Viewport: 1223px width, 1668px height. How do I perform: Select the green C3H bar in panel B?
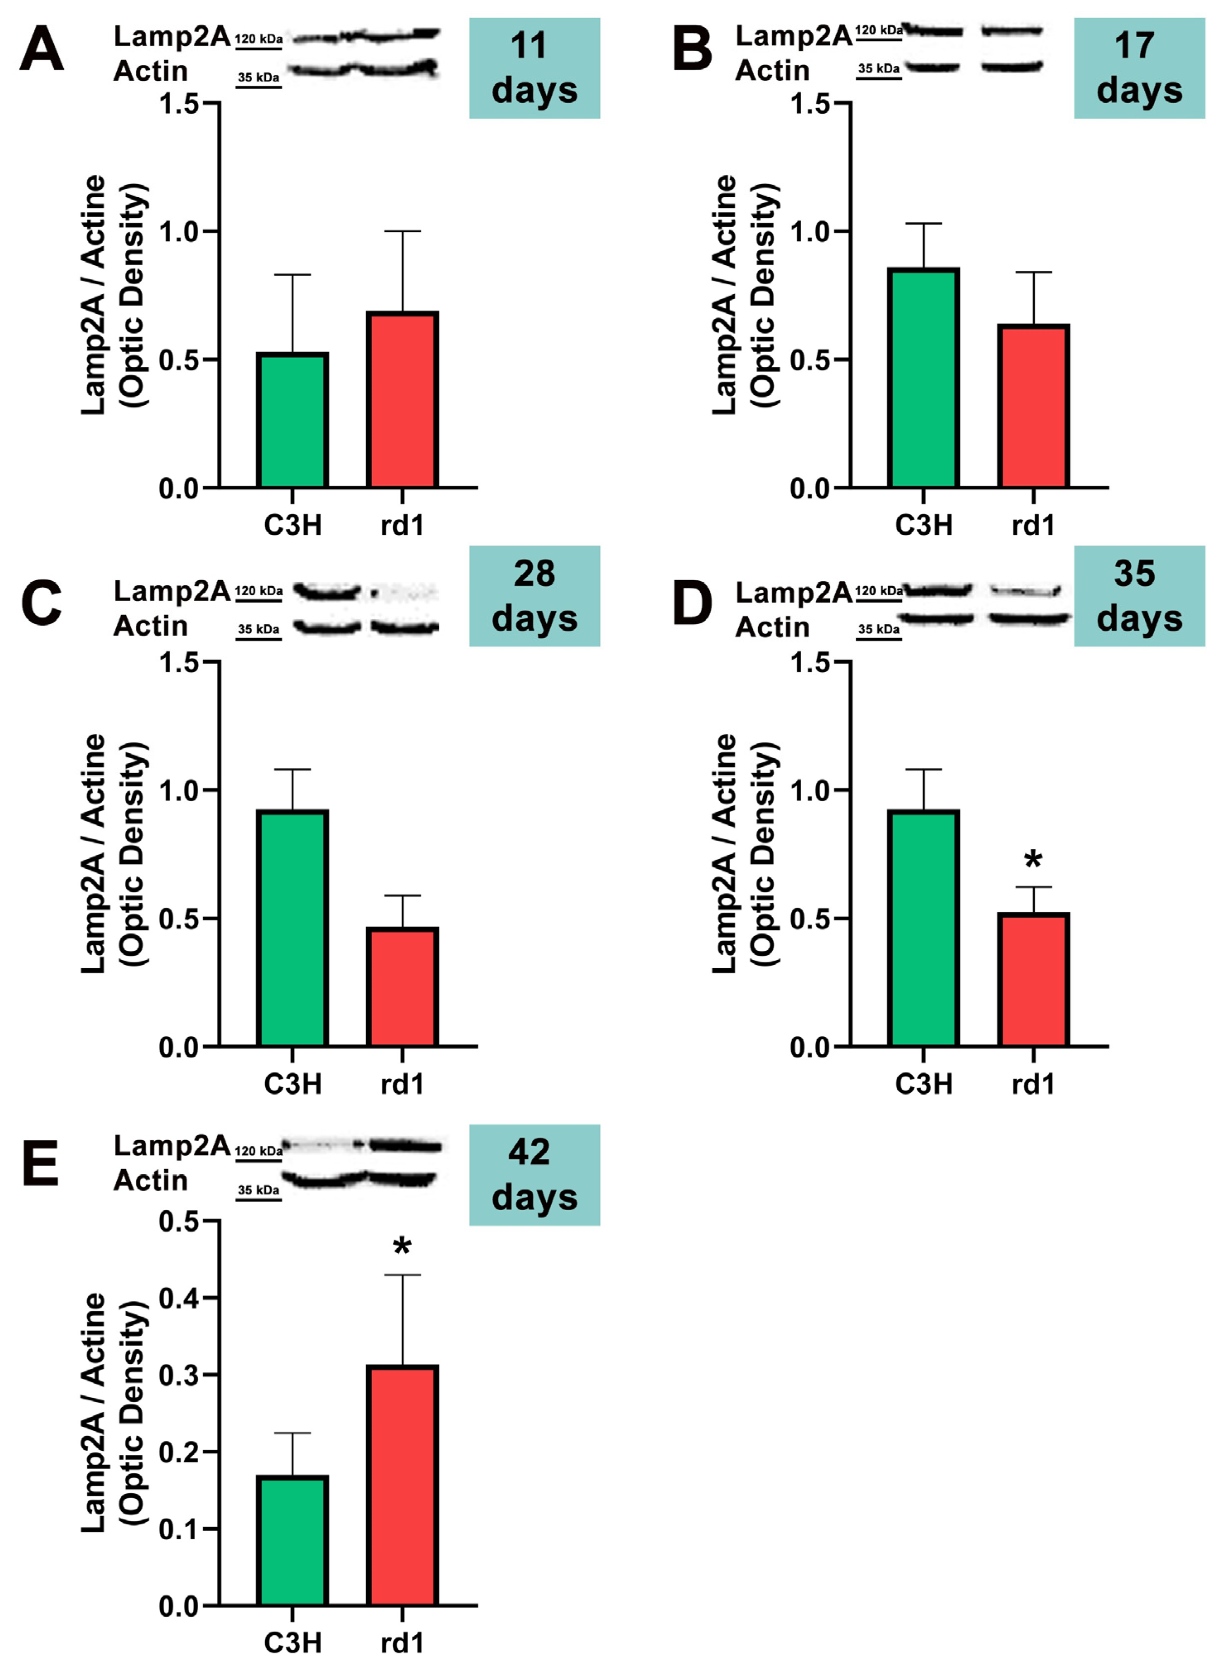(923, 377)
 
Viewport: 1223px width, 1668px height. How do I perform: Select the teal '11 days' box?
(534, 68)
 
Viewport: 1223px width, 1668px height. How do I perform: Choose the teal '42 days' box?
(534, 1175)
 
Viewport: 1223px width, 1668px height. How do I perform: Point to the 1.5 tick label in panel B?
(809, 103)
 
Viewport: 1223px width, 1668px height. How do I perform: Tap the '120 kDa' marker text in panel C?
(258, 591)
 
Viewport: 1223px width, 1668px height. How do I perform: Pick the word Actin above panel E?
(150, 1180)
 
